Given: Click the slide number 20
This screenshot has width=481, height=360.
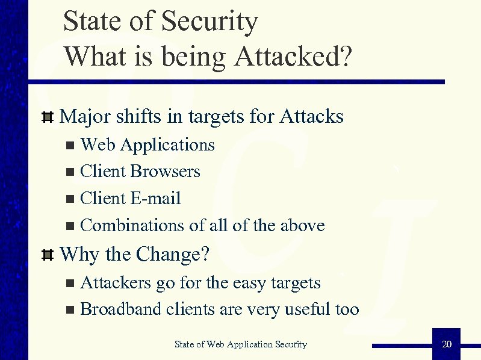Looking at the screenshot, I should [x=446, y=344].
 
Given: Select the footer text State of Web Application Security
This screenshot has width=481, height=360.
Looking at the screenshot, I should [x=240, y=344].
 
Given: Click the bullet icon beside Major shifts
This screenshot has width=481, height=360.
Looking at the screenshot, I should [x=48, y=116].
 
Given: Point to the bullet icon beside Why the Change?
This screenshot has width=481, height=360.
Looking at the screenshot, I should [x=48, y=255].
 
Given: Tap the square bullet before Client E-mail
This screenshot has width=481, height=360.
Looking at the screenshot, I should [x=70, y=199].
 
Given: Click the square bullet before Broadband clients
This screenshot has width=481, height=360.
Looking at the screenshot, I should [x=70, y=310].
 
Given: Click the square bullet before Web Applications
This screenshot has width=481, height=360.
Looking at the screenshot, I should [x=70, y=145].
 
